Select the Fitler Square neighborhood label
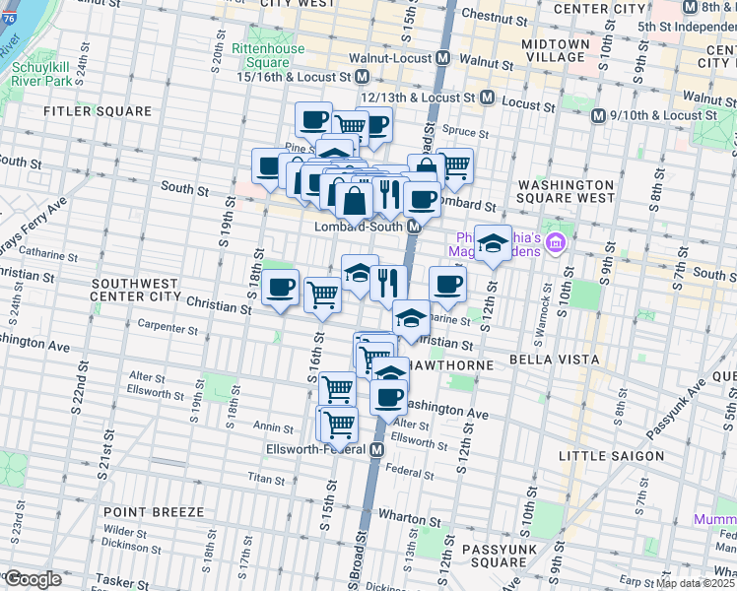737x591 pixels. coord(98,112)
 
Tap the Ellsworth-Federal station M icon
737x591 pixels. coord(377,450)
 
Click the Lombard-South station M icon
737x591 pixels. coord(416,226)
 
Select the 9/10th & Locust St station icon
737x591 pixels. coord(597,115)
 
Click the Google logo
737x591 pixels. coord(33,579)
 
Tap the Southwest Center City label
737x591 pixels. coord(135,289)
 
